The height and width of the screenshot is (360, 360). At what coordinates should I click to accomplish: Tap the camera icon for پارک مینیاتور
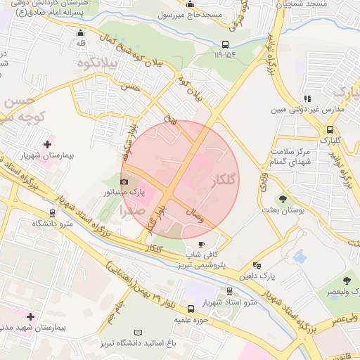point(124,182)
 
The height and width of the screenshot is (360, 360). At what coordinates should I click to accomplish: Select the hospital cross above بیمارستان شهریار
point(47,145)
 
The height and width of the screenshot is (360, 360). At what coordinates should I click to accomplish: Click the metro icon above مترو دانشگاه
point(52,213)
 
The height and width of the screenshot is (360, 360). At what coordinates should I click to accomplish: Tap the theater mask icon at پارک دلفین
point(257,266)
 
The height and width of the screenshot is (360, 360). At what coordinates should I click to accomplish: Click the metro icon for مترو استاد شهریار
point(230,292)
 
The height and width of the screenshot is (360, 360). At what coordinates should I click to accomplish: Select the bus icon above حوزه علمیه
point(191,309)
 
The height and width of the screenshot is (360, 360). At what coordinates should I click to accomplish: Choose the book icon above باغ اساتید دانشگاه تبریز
point(139,332)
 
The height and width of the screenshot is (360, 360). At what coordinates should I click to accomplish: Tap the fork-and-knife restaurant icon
point(307,98)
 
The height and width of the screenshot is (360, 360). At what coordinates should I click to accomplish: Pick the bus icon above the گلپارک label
point(330,129)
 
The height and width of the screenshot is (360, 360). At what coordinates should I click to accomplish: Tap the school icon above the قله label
point(81,32)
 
